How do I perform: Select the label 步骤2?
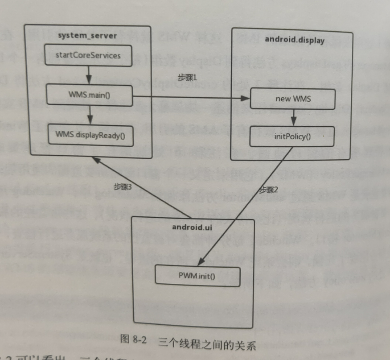[x=269, y=190]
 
